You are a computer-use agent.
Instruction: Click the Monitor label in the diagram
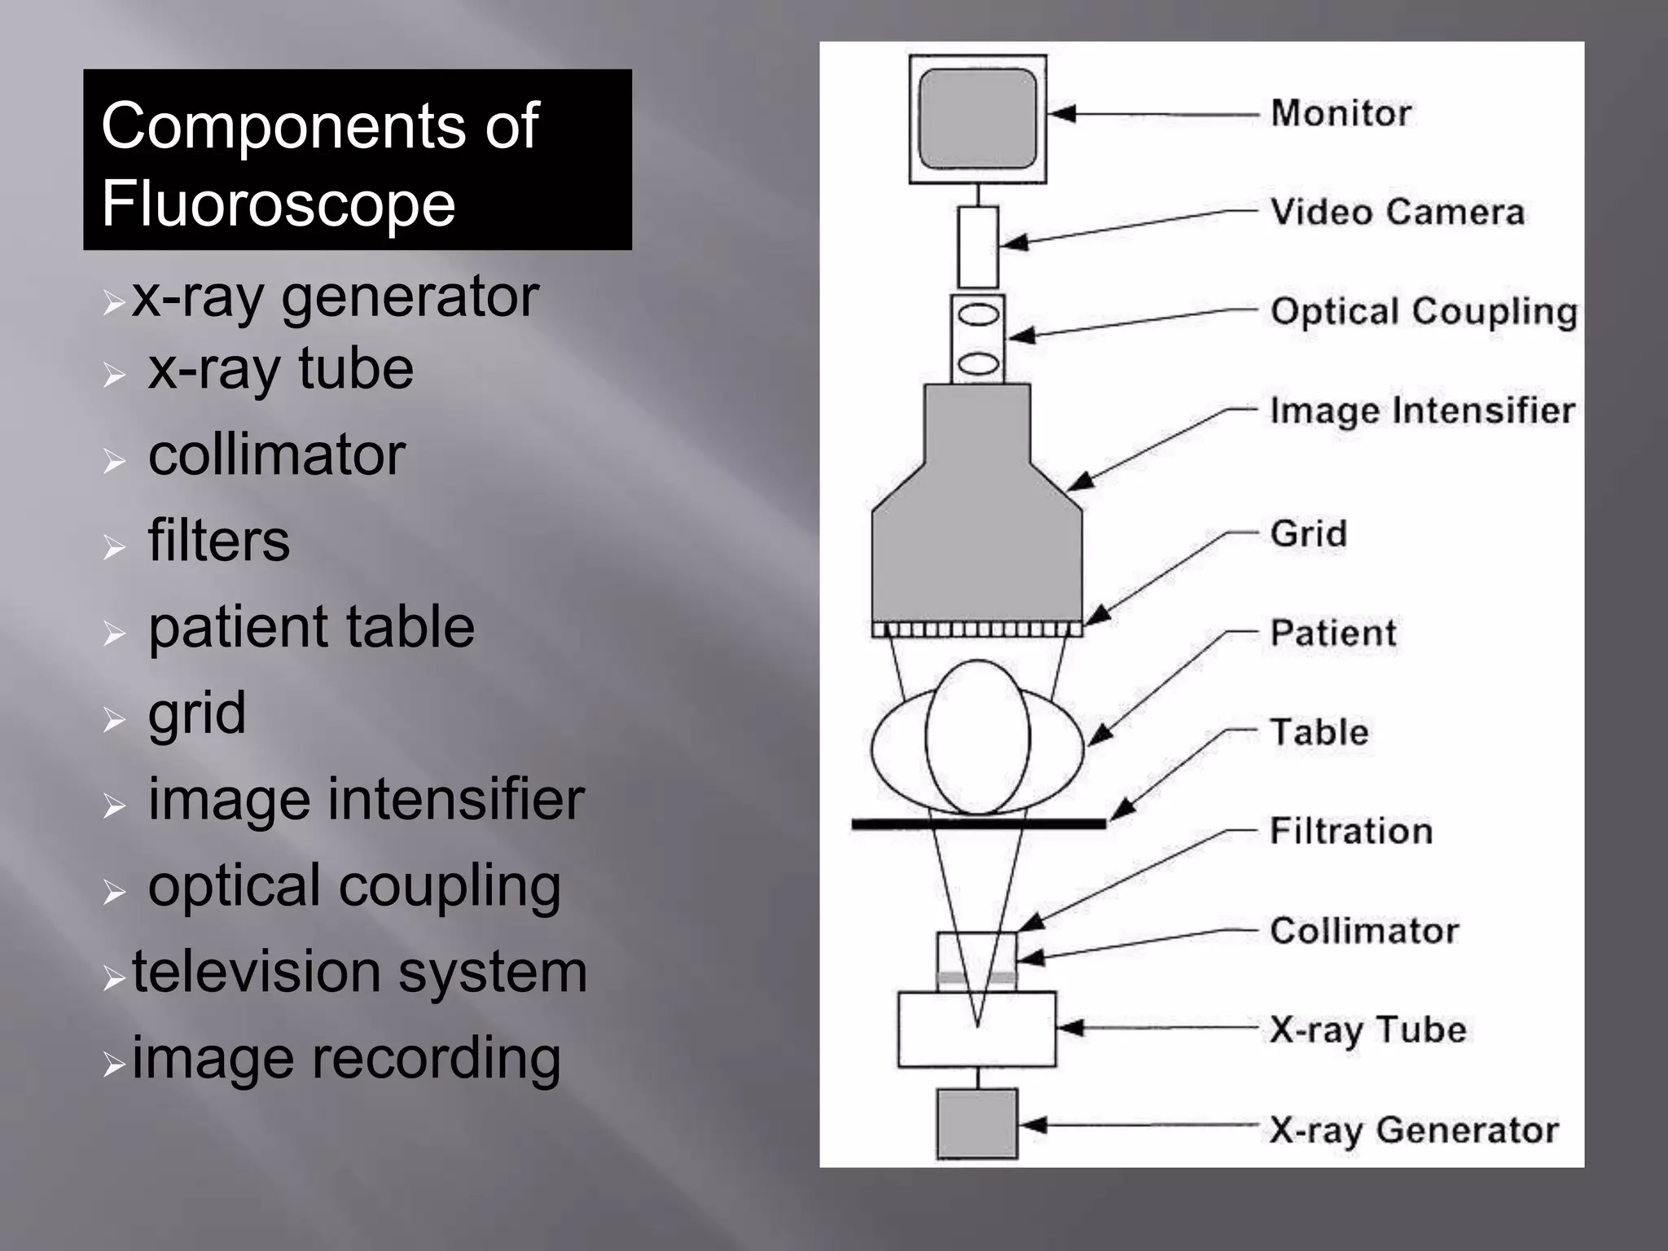1341,113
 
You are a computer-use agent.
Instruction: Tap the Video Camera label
1397,213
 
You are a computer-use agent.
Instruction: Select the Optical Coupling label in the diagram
1424,312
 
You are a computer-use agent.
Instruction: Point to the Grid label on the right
1308,534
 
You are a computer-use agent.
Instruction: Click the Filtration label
1351,832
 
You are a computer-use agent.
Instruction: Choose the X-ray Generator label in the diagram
1414,1130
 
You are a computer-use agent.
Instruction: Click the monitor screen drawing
977,118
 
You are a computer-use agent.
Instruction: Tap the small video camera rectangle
977,247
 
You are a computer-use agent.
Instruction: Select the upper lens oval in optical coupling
978,314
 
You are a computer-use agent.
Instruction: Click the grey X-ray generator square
977,1124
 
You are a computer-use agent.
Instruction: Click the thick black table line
977,824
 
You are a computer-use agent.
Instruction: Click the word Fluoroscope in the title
278,204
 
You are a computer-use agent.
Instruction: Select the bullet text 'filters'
218,541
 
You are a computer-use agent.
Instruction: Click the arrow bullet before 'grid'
114,719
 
